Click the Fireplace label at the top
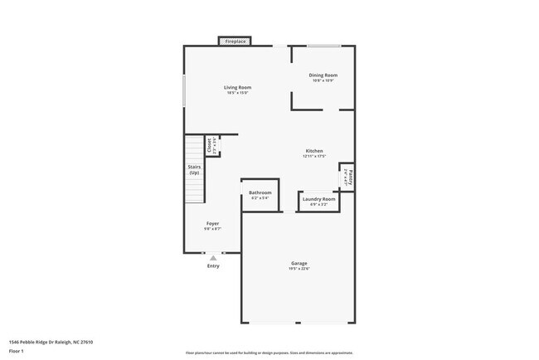coord(236,41)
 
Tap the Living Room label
coord(237,87)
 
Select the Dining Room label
coord(323,75)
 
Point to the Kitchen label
coord(314,151)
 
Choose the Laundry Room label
coord(318,199)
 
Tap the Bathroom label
coord(260,192)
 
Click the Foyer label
coord(213,224)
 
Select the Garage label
coord(299,262)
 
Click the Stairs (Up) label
coord(194,169)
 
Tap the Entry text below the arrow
coord(213,266)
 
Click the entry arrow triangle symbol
coord(213,258)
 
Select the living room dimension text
coord(237,93)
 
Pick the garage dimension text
coord(299,268)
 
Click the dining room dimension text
coord(323,80)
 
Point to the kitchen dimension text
coord(314,156)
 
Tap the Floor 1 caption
coord(17,351)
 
